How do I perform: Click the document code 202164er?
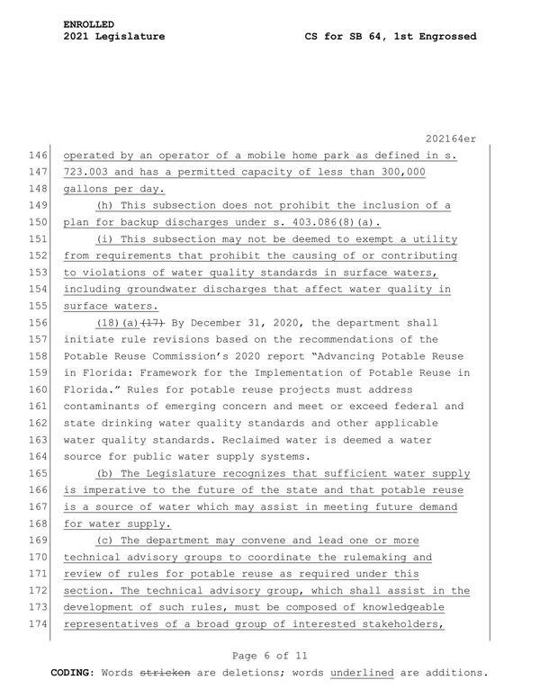coord(449,137)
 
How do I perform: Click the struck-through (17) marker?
coord(153,323)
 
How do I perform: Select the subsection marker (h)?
coord(106,205)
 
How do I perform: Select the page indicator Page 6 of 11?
coord(269,657)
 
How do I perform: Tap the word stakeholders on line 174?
coord(399,625)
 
